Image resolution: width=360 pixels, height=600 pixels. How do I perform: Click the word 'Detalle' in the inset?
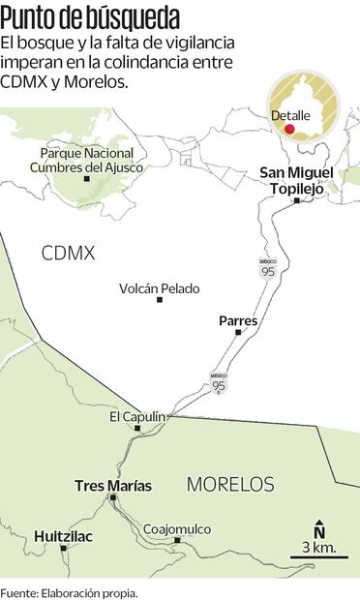(x=290, y=115)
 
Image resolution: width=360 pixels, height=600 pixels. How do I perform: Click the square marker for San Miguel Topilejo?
(x=297, y=200)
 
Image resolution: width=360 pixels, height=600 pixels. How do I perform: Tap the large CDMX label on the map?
(x=68, y=254)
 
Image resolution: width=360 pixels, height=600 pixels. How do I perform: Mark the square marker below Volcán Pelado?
(x=160, y=300)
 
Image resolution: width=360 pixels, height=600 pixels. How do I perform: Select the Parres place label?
(x=237, y=320)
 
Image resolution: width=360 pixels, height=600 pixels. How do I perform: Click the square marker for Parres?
(x=238, y=333)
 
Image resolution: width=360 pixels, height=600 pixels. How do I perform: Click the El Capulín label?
(x=137, y=416)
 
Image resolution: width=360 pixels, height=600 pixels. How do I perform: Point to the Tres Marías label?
(x=113, y=485)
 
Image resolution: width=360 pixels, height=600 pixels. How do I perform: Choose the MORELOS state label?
(x=229, y=484)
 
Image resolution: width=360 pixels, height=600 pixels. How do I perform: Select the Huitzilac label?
(x=64, y=535)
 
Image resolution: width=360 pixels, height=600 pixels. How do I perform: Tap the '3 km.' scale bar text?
(x=318, y=548)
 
